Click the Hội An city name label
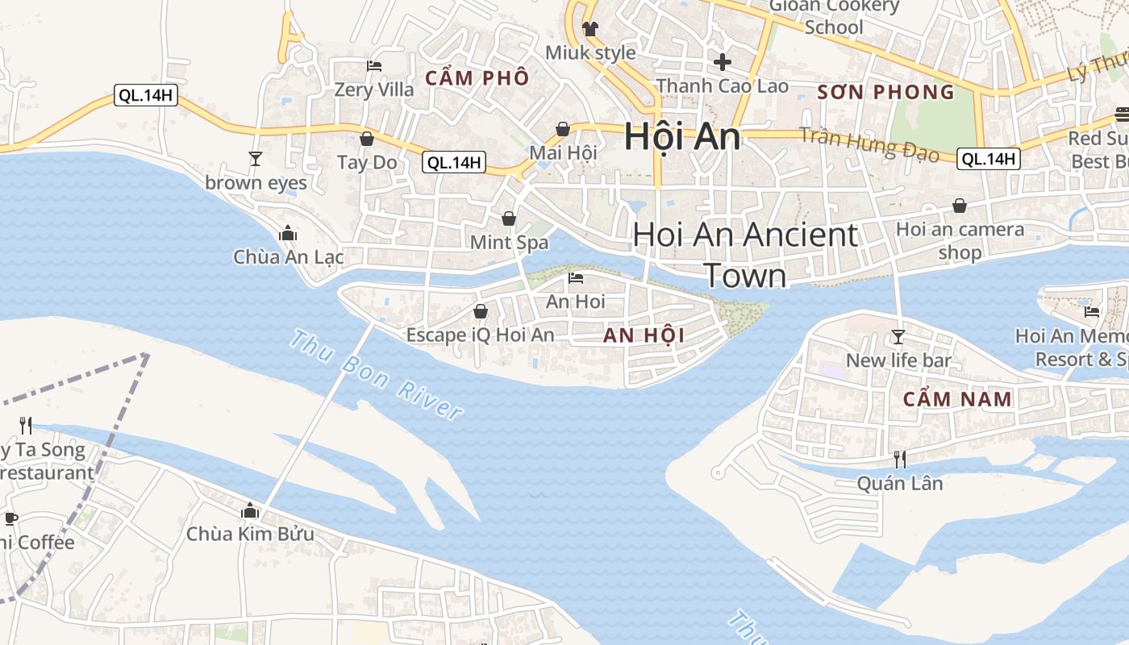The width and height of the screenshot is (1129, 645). pos(682,136)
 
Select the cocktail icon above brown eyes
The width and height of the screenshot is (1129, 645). pos(256,158)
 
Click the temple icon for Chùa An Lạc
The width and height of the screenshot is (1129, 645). pos(288,234)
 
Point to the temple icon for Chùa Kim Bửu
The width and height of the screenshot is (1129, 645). pos(250,510)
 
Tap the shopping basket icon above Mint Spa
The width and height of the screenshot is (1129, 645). pos(509,218)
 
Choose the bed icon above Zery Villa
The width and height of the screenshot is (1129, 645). pos(374,65)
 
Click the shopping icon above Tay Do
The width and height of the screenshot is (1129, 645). pos(367,139)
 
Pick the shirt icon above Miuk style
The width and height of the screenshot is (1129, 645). pos(590,29)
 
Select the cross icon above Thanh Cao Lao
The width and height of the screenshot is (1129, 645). pos(723,61)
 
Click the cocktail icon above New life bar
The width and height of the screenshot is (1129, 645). pos(898,336)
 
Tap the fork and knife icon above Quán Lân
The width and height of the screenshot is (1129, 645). pos(900,460)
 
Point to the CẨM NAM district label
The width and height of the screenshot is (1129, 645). pos(957,399)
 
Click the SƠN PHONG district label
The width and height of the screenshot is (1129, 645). pos(885,92)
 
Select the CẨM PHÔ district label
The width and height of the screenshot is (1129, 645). pos(477,78)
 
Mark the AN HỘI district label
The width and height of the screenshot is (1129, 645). pos(644,336)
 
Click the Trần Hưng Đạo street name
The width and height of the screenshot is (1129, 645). pos(869,146)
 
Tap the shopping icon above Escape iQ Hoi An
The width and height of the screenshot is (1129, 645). pos(481,311)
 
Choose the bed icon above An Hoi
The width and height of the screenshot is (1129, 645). pos(576,278)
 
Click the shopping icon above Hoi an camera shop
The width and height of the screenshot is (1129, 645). pos(960,206)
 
